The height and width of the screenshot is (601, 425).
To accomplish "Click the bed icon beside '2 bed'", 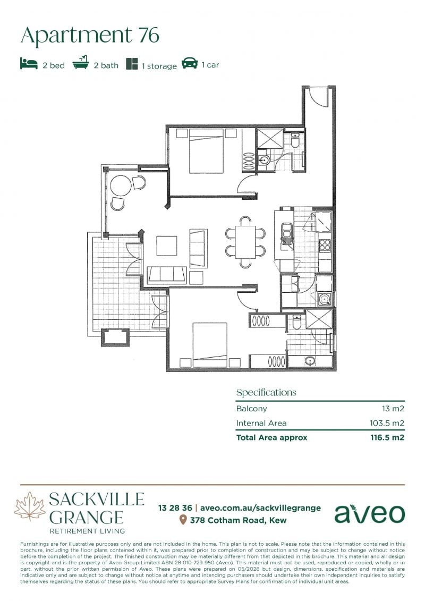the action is (x=29, y=64).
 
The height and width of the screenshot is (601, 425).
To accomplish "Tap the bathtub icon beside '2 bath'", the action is (x=80, y=63).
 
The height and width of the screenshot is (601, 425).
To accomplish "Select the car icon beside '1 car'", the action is (x=189, y=63).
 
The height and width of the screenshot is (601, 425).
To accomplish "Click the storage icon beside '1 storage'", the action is (x=132, y=64).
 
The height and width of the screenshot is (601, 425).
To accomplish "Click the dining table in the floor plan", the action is (x=245, y=242).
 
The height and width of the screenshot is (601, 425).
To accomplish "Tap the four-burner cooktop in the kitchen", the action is (x=325, y=245).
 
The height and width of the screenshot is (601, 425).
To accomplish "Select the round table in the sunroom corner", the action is (x=121, y=186).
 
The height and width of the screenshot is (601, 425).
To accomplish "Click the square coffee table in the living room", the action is (x=167, y=246).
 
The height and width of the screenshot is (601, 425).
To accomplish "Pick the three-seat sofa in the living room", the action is (x=167, y=275).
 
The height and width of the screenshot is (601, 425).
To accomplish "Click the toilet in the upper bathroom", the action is (x=295, y=141).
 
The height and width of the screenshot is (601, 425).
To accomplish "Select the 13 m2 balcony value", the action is (x=393, y=409).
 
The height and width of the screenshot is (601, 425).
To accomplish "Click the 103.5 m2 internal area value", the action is (x=387, y=423).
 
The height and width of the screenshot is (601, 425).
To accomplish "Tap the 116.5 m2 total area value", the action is (x=387, y=438).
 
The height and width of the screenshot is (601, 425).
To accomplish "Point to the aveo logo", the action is (x=369, y=514).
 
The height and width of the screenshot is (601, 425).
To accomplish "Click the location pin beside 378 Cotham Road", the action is (x=183, y=520).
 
